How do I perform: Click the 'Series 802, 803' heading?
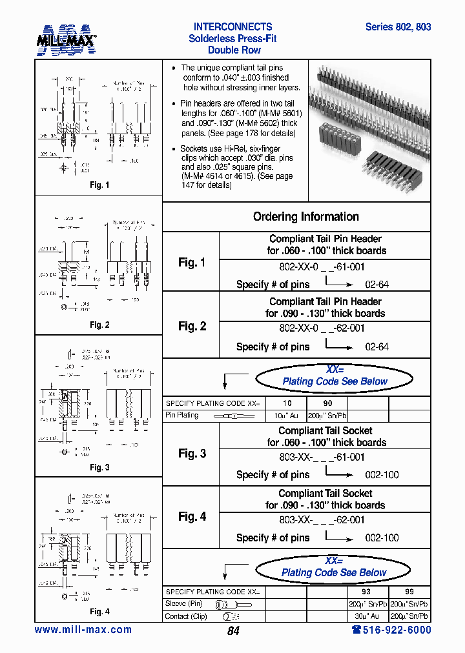[x=398, y=27]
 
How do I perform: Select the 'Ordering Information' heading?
[x=305, y=217]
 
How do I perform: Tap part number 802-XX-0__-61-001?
[x=322, y=265]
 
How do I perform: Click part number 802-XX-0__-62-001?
[x=322, y=328]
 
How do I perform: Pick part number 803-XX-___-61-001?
[x=322, y=457]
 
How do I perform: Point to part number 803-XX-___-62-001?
[x=322, y=519]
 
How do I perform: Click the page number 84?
[x=233, y=631]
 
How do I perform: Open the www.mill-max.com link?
[x=83, y=630]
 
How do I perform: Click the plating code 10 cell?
[x=287, y=403]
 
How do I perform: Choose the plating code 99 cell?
[x=409, y=592]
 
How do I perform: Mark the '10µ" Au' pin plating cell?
[x=287, y=415]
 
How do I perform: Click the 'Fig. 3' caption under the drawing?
[x=99, y=468]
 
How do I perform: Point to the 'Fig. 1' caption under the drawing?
[x=99, y=185]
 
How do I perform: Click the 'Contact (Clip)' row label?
[x=187, y=616]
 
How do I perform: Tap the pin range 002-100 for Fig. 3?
[x=382, y=475]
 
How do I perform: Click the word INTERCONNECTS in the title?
[x=232, y=27]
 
